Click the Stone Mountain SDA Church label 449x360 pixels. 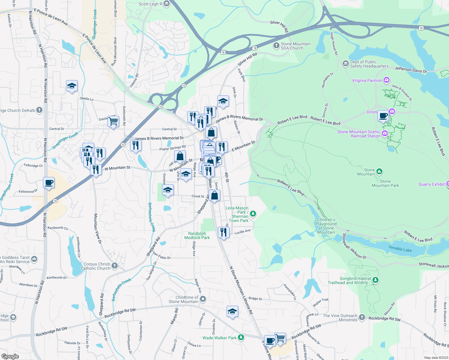click(295, 46)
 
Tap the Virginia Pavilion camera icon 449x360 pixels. click(387, 80)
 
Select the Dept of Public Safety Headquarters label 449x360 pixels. click(369, 64)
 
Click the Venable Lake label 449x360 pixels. click(400, 249)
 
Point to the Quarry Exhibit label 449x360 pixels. click(431, 184)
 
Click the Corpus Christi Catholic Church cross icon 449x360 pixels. click(114, 265)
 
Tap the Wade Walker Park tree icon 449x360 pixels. click(241, 337)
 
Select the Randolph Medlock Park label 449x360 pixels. click(197, 235)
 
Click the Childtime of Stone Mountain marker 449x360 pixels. click(203, 299)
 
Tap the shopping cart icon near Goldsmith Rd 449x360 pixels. click(113, 121)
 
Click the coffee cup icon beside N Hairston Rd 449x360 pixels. click(49, 182)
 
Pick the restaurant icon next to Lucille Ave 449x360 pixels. click(224, 232)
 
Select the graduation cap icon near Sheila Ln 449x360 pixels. click(72, 86)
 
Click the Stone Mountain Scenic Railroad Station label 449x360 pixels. click(359, 134)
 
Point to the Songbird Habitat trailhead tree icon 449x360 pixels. click(375, 280)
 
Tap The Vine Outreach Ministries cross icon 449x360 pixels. click(362, 317)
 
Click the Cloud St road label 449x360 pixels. click(198, 196)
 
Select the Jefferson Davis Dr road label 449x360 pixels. click(411, 70)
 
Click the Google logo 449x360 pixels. click(10, 356)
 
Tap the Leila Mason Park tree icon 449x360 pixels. click(253, 214)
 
